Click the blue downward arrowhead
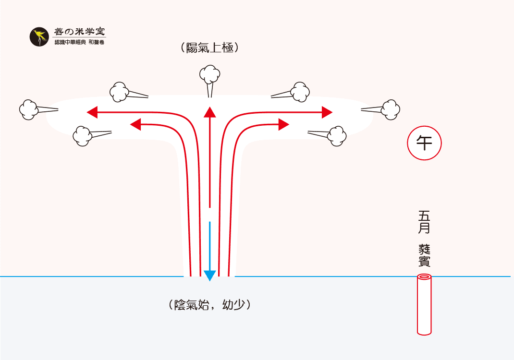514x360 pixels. tap(209, 275)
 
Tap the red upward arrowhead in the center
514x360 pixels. tap(209, 112)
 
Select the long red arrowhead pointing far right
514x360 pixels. tap(327, 112)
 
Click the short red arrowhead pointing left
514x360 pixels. tap(135, 125)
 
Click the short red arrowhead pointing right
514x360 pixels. tap(283, 125)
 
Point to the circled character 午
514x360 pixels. tap(424, 143)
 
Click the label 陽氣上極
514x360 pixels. tap(209, 48)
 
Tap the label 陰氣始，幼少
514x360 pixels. tap(210, 305)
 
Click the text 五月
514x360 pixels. tap(424, 221)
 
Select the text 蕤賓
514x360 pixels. tap(424, 255)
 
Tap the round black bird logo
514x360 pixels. tap(40, 37)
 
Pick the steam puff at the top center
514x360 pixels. tap(210, 74)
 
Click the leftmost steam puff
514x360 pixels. tap(29, 109)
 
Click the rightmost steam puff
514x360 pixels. tap(391, 109)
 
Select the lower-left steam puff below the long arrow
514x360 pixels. tap(83, 135)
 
